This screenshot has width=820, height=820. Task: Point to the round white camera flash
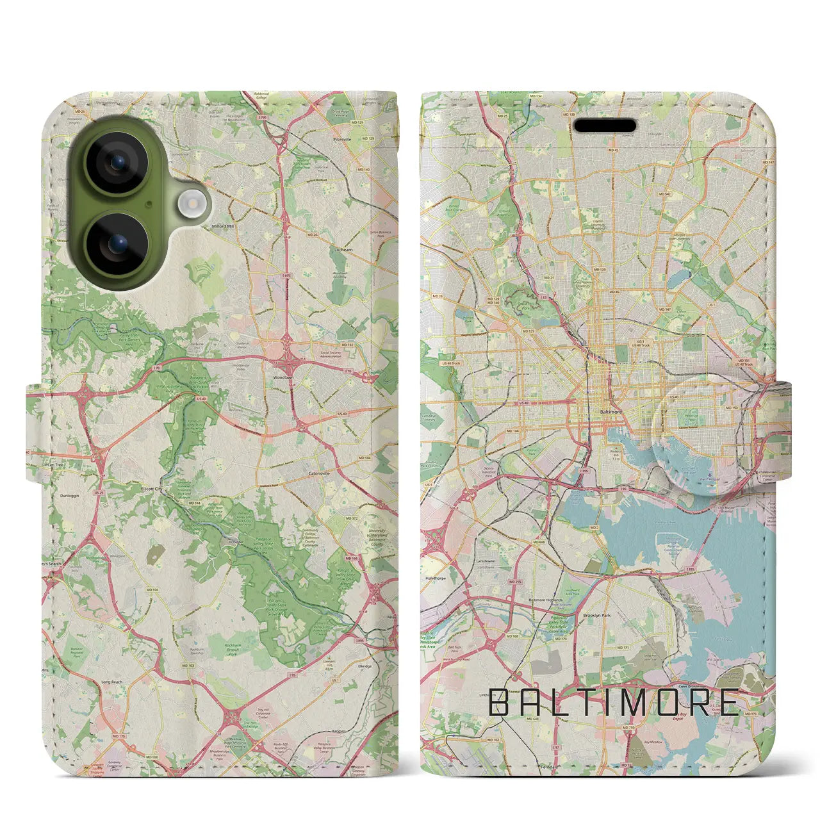(190, 204)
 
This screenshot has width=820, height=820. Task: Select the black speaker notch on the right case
(605, 126)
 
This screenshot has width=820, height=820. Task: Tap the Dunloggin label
(70, 496)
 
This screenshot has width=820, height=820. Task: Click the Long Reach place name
(111, 682)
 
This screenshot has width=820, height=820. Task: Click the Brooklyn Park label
(596, 615)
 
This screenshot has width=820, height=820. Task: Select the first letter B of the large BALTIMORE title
(498, 703)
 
